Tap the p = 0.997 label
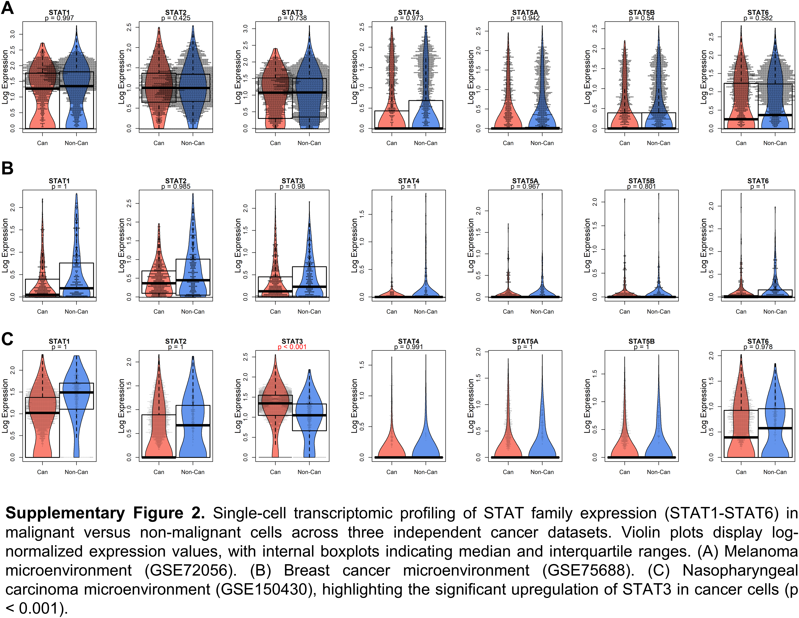pos(59,18)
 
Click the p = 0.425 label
pos(176,18)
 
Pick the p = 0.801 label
pos(641,187)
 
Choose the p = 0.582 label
pos(758,18)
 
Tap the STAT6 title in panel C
pos(758,341)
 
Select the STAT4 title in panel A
pos(409,12)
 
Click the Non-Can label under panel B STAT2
pos(193,312)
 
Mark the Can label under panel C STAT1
pos(42,472)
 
